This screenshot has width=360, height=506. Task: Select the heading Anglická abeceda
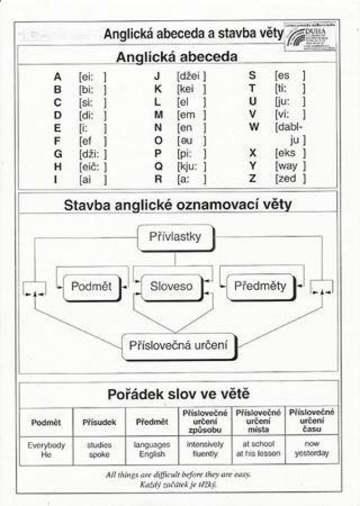coord(177,57)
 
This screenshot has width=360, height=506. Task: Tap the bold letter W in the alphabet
coord(254,127)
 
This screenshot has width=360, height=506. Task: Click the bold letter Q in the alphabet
coord(158,165)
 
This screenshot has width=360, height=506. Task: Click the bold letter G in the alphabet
coord(58,153)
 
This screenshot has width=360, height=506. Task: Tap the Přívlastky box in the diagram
coord(176,237)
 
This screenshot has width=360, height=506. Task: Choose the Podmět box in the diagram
coord(91,286)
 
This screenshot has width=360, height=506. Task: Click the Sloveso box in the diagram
coord(172,286)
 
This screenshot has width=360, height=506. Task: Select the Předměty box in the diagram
coord(260,286)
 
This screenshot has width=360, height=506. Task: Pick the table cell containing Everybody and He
coord(46,449)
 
